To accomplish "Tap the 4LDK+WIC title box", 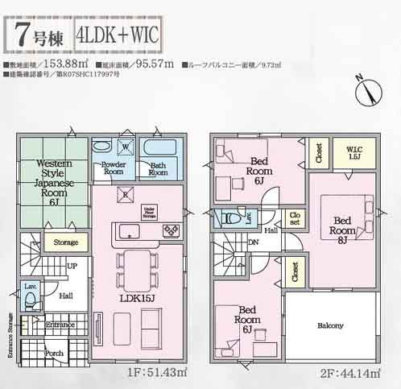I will [x=118, y=35].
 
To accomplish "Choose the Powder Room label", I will [x=113, y=168].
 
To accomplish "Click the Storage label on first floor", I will [x=66, y=242].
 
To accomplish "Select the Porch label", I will [x=55, y=352].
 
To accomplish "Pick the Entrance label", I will [x=60, y=324].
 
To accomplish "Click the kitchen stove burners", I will [x=171, y=231].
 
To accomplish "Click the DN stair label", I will [x=253, y=242].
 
